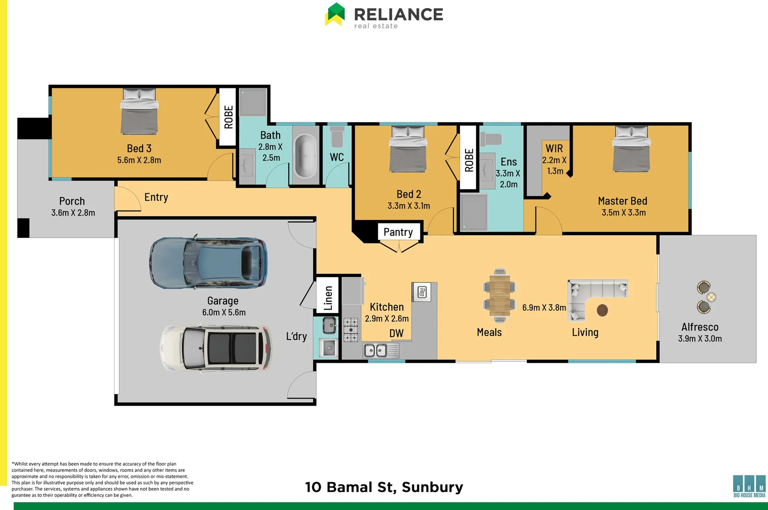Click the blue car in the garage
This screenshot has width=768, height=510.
(x=208, y=263)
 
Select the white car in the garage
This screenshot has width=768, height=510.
(x=216, y=348)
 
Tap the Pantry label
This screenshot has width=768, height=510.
(x=398, y=232)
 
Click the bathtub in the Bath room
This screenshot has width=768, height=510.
(x=305, y=156)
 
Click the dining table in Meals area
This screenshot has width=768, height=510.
(x=500, y=295)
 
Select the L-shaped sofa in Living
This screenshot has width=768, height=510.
(x=590, y=293)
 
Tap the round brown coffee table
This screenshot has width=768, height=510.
(x=602, y=310)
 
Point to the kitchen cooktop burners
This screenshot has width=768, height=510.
(x=351, y=330)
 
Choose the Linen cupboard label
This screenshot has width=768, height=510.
(x=328, y=298)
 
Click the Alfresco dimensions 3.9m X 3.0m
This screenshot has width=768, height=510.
(x=700, y=339)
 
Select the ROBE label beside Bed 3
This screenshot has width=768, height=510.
(x=228, y=117)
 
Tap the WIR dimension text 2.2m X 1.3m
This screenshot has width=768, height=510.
(x=554, y=165)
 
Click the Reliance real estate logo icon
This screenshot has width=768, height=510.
(x=335, y=14)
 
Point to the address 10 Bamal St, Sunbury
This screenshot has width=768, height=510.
(x=384, y=487)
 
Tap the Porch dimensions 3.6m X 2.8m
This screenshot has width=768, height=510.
(x=73, y=213)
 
